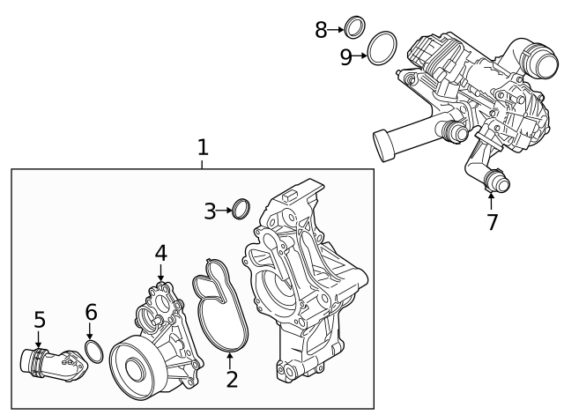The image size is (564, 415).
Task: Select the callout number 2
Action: tap(232, 380)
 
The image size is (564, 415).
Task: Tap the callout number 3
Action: tap(210, 211)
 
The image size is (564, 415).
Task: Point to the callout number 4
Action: tap(160, 253)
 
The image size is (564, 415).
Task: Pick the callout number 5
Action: tap(39, 318)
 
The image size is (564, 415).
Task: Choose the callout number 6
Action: tap(91, 312)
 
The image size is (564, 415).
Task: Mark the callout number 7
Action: tap(492, 222)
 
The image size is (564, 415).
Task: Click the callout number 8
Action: tap(322, 30)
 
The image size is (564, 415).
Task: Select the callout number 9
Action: tap(346, 57)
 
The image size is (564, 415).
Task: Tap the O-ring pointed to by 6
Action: tap(95, 352)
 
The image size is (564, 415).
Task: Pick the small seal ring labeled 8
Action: tap(353, 28)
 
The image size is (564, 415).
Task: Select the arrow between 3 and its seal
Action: tap(223, 211)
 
